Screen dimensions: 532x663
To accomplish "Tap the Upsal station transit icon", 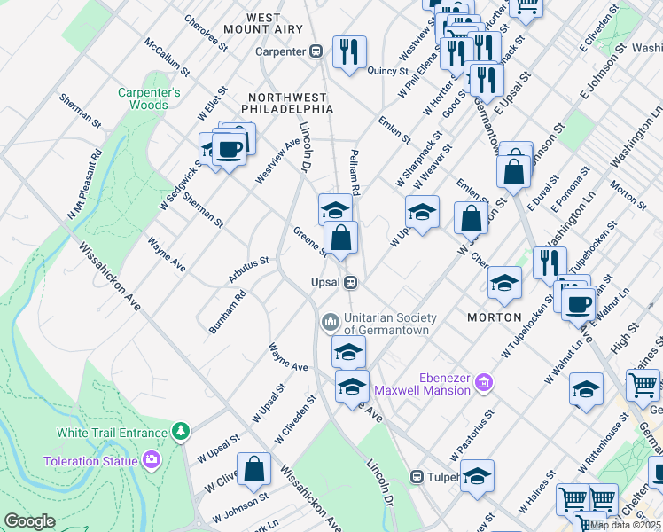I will click(x=352, y=282).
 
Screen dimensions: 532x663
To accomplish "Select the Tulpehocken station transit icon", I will click(x=416, y=476).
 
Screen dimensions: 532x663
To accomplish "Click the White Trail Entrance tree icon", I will click(x=181, y=432).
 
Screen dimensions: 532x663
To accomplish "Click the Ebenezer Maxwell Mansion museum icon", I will click(x=483, y=383).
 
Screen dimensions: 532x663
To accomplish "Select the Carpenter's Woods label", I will click(x=144, y=98).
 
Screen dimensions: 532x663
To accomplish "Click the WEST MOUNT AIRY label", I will click(x=275, y=23).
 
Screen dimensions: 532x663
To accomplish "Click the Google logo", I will click(x=29, y=521).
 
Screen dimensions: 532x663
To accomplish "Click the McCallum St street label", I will click(x=168, y=55).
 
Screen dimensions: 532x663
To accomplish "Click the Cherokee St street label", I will click(x=201, y=30).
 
